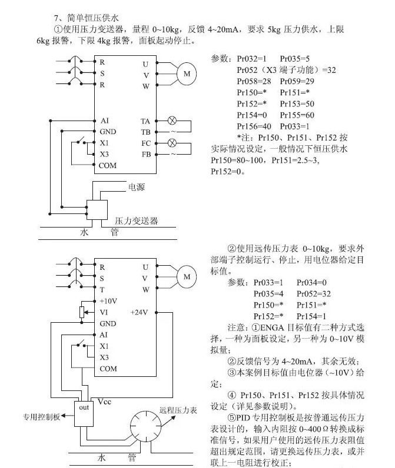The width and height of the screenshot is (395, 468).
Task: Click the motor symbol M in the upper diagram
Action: pyautogui.click(x=187, y=73)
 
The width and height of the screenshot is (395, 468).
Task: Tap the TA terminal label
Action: pyautogui.click(x=145, y=121)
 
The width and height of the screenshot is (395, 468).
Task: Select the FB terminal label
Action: pyautogui.click(x=145, y=154)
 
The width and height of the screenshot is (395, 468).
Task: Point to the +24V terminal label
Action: pyautogui.click(x=140, y=312)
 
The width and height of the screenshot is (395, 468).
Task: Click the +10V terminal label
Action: pyautogui.click(x=108, y=300)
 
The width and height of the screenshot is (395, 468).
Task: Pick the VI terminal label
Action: pyautogui.click(x=104, y=312)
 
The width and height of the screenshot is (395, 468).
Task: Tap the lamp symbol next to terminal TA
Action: pyautogui.click(x=172, y=121)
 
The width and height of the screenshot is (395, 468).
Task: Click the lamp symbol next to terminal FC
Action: pyautogui.click(x=172, y=143)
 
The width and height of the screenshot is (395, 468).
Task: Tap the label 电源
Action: pyautogui.click(x=137, y=187)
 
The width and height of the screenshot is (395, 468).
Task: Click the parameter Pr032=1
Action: pyautogui.click(x=251, y=59)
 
